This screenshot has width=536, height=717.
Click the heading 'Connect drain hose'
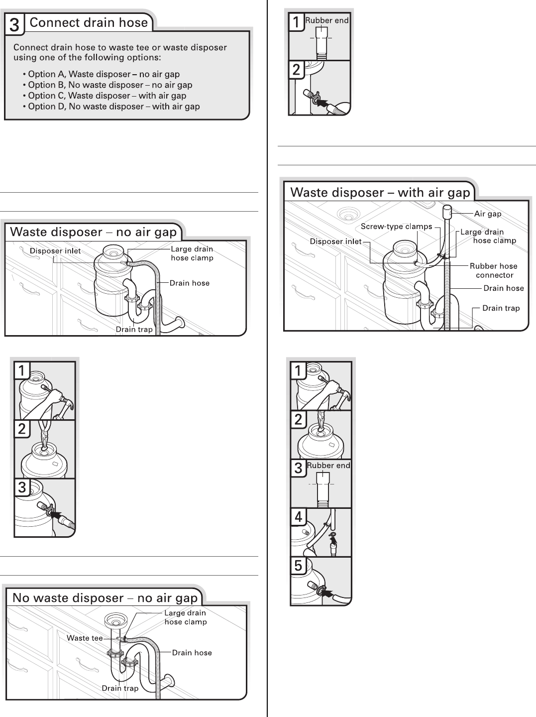click(89, 22)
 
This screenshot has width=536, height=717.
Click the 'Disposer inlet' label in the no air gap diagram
click(55, 251)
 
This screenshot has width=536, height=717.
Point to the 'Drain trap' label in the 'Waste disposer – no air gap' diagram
click(134, 329)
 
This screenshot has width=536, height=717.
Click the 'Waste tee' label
click(85, 638)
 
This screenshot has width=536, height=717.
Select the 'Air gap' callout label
click(488, 214)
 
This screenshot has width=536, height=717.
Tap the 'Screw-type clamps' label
click(396, 227)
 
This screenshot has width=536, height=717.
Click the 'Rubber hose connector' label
click(494, 270)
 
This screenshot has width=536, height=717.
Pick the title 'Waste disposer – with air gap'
click(380, 193)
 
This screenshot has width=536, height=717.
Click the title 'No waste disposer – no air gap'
click(105, 598)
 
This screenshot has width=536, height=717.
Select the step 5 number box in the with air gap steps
click(298, 566)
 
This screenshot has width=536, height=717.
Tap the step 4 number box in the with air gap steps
click(298, 517)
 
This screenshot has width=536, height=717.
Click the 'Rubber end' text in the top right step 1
click(327, 20)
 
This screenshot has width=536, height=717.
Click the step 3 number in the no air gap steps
click(21, 487)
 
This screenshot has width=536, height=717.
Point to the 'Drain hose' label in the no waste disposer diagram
click(192, 653)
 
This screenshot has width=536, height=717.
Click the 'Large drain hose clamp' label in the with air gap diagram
click(488, 236)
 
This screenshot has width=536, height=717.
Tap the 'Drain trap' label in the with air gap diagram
click(501, 308)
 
